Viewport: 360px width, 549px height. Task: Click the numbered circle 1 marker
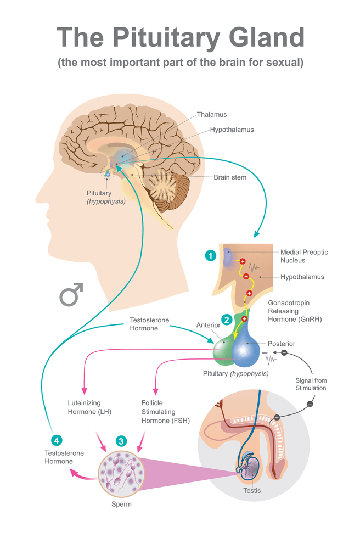click(210, 256)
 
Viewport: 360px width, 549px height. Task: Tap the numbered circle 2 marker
click(227, 320)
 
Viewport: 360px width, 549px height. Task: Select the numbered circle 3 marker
click(121, 441)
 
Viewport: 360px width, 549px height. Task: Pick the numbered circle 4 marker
click(57, 440)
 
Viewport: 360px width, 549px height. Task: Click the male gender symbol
click(71, 294)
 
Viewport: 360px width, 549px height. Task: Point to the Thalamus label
click(212, 115)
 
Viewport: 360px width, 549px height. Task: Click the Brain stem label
click(230, 177)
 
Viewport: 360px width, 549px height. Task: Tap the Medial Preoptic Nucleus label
click(304, 256)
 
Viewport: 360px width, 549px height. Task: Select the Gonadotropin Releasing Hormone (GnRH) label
click(295, 311)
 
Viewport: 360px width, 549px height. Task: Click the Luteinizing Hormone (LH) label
click(89, 407)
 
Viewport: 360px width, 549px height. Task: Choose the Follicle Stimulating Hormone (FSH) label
click(166, 411)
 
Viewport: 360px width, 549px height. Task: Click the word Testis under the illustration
click(252, 490)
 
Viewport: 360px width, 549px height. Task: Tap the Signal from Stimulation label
click(311, 384)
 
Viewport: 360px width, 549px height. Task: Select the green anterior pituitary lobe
click(223, 351)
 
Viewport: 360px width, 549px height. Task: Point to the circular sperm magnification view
click(121, 474)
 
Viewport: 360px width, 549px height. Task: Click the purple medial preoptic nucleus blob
click(228, 257)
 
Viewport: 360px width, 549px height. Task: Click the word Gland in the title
click(267, 37)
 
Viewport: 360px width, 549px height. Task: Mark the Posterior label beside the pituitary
click(282, 344)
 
